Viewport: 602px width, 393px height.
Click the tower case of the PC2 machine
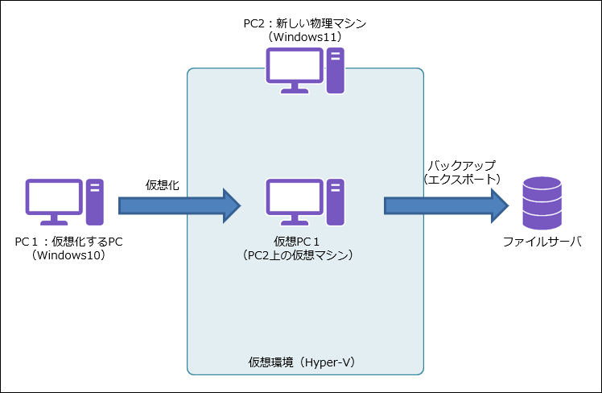[335, 70]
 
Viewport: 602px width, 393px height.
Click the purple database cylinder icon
[542, 202]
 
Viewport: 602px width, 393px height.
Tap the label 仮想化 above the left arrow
[162, 184]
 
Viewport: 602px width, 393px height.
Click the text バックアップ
[461, 164]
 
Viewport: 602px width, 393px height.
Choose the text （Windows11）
[304, 37]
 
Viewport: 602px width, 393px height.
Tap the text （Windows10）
[68, 255]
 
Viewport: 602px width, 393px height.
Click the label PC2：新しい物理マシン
[304, 23]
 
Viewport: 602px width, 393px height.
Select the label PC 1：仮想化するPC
[68, 242]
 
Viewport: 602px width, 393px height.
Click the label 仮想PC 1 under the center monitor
[298, 242]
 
